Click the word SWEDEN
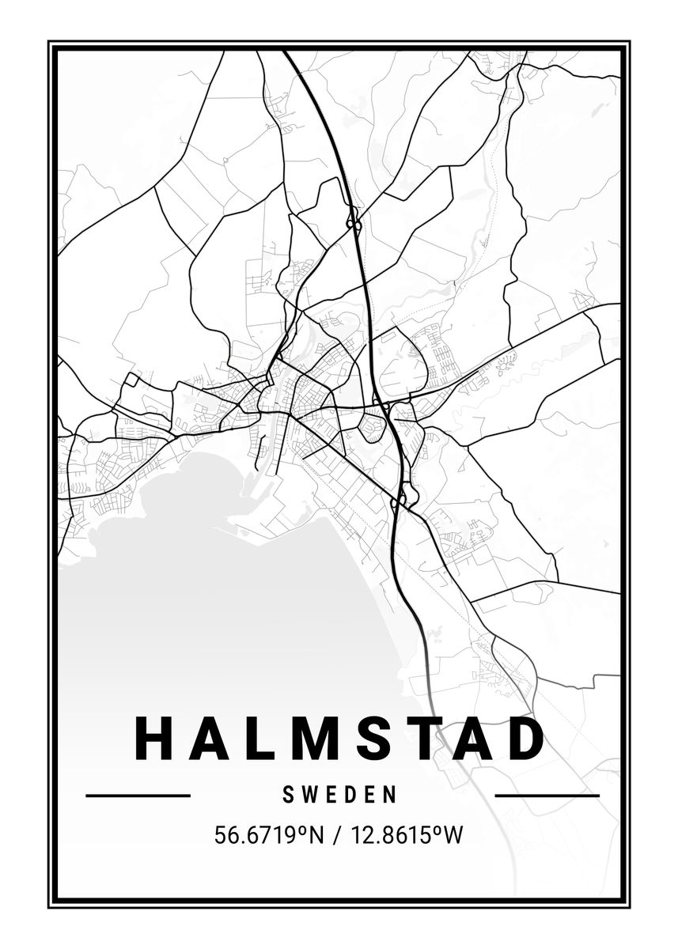point(339,794)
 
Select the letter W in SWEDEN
point(310,794)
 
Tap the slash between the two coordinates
point(336,835)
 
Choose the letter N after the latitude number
point(316,834)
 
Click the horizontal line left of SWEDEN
point(138,795)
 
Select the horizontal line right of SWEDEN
point(547,795)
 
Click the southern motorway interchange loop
point(401,498)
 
